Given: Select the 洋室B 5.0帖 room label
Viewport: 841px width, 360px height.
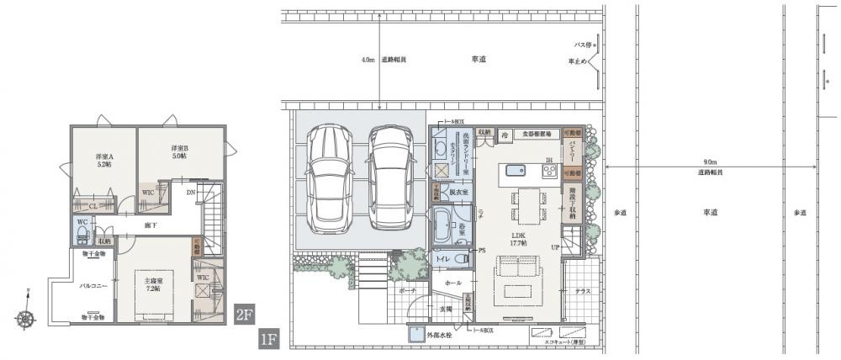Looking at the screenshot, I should coord(179,151).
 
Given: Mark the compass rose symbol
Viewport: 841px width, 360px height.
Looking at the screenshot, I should coord(28,318).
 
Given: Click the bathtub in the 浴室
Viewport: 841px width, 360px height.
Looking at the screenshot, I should coord(442,226).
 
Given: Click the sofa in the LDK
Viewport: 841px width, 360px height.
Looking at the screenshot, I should coord(509,271).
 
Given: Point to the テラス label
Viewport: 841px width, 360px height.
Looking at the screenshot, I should coord(583,292).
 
